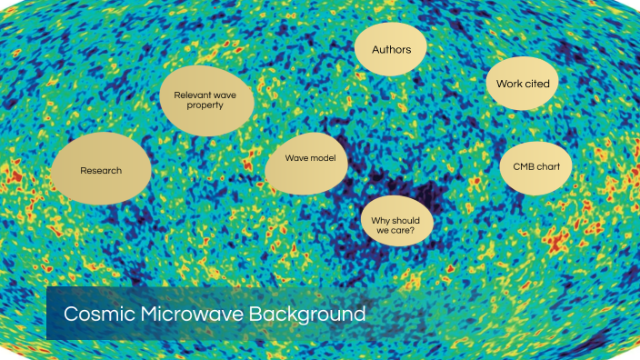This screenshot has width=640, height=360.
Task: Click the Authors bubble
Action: point(391,49)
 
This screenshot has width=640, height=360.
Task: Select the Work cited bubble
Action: point(523,84)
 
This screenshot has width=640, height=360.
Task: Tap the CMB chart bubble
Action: point(535,166)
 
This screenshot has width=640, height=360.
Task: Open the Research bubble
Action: point(100,170)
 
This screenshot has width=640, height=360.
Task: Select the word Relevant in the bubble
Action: point(193,93)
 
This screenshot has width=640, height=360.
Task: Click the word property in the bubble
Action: point(206,105)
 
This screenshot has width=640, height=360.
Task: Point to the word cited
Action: point(535,84)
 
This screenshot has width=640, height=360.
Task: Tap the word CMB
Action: point(521,166)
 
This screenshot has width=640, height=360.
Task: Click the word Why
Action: point(380,217)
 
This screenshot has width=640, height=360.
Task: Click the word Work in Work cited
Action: point(507,84)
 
